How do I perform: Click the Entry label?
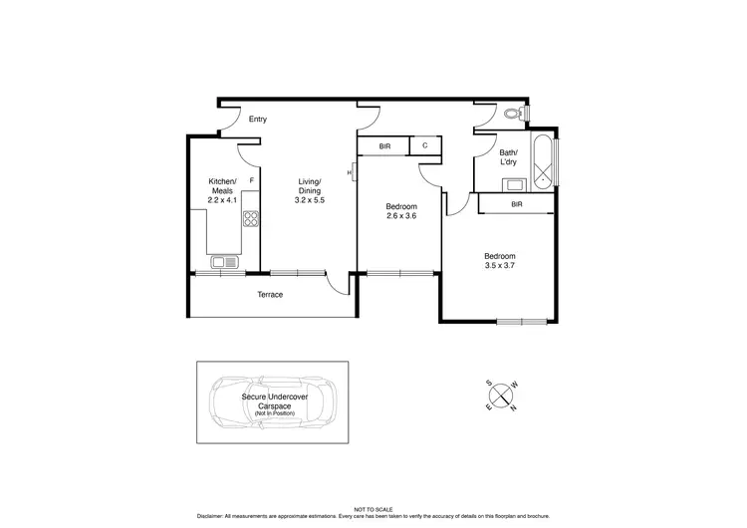coord(258,120)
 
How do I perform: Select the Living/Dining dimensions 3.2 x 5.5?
coord(310,200)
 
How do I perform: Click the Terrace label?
coord(270,294)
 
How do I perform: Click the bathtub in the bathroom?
coord(543,161)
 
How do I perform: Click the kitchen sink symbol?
coord(224,263)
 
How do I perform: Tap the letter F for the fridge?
coord(252,180)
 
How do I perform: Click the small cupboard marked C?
coord(425,146)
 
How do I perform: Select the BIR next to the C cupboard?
coord(384,146)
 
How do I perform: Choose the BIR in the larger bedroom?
coord(516,203)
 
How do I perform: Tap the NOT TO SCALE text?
coord(373,509)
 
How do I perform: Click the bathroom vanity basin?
coord(514,183)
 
